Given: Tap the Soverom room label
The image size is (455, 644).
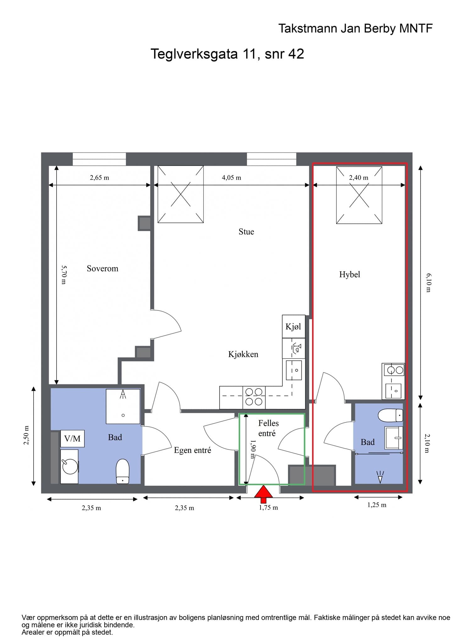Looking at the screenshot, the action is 102,269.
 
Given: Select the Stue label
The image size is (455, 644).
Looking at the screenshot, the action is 246,232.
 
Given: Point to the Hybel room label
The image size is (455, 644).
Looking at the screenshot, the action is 349,275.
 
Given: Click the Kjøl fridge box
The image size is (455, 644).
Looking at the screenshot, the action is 293,326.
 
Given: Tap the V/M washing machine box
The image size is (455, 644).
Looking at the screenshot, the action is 72,438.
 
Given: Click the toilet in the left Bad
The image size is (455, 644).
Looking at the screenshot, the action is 123,471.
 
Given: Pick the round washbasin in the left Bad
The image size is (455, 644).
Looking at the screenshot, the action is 70,466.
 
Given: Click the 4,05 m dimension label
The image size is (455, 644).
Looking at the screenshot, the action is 232,178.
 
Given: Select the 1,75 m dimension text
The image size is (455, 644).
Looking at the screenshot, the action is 268,508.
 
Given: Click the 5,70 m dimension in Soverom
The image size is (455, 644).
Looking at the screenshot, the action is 64,275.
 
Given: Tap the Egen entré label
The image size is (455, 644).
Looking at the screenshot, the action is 193,450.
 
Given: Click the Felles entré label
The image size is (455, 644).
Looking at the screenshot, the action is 268,428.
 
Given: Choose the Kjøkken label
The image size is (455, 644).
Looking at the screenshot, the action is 243,354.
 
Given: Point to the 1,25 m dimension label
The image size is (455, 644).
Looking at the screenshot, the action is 377,505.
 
